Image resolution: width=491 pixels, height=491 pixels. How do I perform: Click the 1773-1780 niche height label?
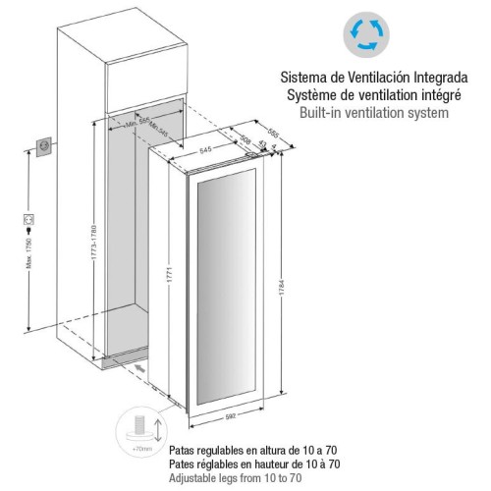pyautogui.click(x=91, y=242)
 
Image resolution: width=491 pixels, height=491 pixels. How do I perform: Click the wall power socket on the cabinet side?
pyautogui.click(x=42, y=145)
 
